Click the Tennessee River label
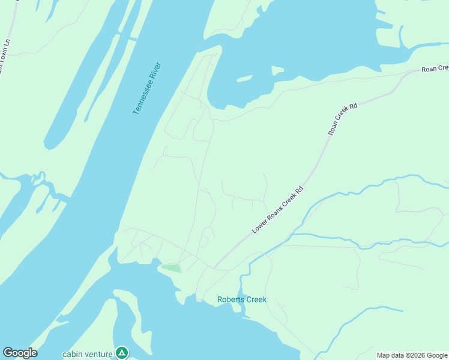point(147,88)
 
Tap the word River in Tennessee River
point(155,70)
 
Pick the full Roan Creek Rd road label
point(342,119)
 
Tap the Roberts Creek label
point(241,299)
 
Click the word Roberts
point(231,299)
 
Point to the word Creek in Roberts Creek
point(255,299)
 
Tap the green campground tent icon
point(122,352)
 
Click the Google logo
point(20,353)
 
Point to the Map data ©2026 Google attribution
point(412,355)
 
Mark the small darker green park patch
point(171,268)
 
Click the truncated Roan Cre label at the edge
point(435,69)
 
